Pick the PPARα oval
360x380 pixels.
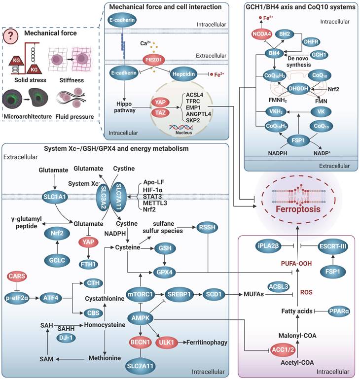(332, 311)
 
